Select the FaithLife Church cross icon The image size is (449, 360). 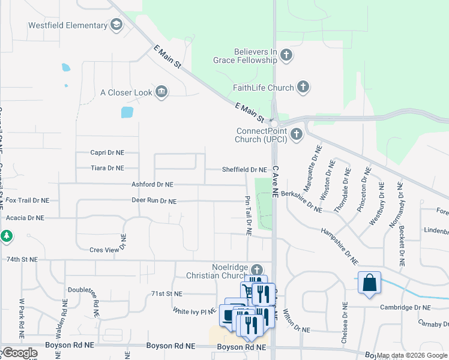[303, 87]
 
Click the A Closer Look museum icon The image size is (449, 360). [161, 92]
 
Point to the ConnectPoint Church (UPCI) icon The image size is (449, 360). [297, 134]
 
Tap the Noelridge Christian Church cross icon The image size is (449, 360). [257, 270]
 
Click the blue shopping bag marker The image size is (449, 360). [369, 283]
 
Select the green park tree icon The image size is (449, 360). [6, 236]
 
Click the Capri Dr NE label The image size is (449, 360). [107, 153]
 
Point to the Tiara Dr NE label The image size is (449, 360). [107, 169]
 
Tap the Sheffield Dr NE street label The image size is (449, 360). [244, 170]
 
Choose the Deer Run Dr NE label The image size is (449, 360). [154, 201]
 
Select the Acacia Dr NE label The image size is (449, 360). [24, 218]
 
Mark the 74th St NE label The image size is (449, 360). [22, 259]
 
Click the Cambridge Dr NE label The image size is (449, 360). [405, 307]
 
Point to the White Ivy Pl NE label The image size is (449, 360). [194, 311]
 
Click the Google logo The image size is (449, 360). [19, 353]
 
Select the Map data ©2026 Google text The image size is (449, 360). [412, 355]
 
